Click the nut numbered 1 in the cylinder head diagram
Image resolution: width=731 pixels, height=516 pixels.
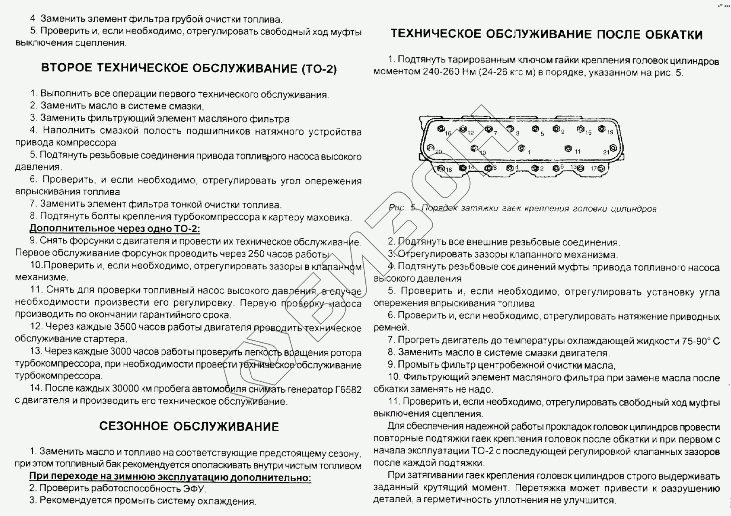pyautogui.click(x=521, y=148)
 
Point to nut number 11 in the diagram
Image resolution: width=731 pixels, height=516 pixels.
pyautogui.click(x=568, y=148)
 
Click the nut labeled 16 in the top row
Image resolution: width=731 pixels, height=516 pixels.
pyautogui.click(x=440, y=129)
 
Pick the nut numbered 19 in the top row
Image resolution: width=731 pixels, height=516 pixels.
pyautogui.click(x=601, y=129)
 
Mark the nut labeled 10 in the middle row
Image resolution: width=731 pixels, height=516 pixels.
pyautogui.click(x=474, y=148)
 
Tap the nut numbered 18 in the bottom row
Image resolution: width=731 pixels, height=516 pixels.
pyautogui.click(x=440, y=169)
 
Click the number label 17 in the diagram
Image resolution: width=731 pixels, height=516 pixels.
pyautogui.click(x=594, y=169)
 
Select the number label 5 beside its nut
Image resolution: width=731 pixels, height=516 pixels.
pyautogui.click(x=542, y=134)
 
